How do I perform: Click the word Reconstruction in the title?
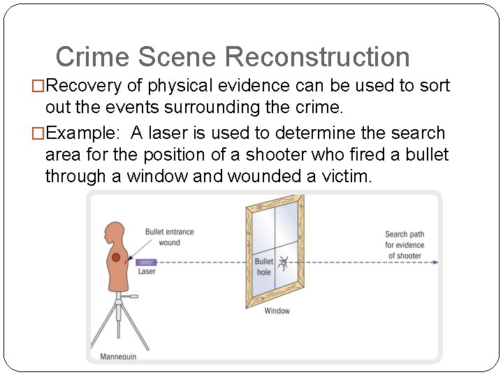point(318,57)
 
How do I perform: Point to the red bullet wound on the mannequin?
point(116,258)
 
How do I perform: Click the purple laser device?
point(147,262)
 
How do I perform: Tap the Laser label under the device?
point(147,272)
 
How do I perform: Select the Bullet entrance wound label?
point(169,237)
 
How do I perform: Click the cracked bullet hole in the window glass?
point(284,263)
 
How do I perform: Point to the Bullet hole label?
point(263,267)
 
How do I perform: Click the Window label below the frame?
point(277,311)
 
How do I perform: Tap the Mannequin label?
point(119,357)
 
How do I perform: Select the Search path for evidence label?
point(404,245)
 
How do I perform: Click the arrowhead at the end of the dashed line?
point(435,263)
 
